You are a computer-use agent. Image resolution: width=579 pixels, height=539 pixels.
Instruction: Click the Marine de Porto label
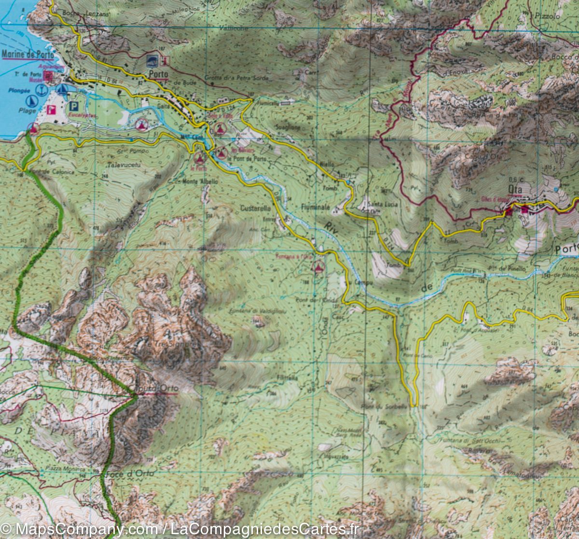point(28,54)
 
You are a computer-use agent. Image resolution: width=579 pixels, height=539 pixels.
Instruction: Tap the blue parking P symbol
point(74,107)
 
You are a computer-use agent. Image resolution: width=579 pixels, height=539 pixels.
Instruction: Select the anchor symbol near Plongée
point(42,90)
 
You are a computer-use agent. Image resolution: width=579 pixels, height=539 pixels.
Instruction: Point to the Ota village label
point(515,189)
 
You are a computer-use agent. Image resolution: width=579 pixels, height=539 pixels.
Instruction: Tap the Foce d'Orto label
point(129,473)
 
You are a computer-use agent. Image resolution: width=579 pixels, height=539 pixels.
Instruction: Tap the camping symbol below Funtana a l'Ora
point(318,267)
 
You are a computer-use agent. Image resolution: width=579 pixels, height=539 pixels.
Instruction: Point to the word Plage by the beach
point(28,111)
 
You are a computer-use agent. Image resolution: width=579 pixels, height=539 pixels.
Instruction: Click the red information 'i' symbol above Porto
point(165,61)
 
